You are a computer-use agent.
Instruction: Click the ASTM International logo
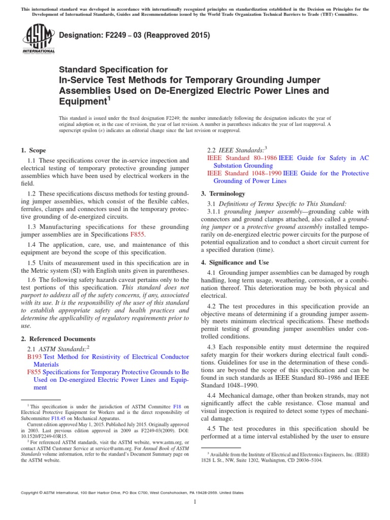tap(39, 40)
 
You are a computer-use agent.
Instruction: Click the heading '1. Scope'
tap(33, 150)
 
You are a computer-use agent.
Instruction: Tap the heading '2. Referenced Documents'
tap(57, 339)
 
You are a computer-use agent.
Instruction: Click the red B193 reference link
tap(34, 357)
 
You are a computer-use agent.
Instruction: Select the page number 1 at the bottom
tap(195, 502)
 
